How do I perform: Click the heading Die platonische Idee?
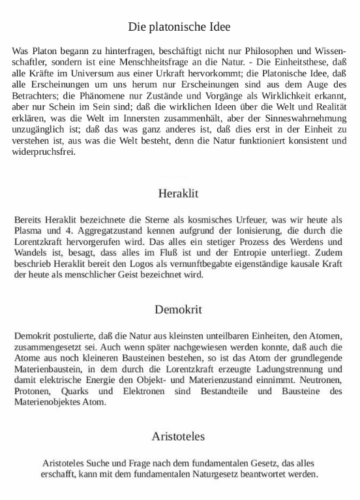[x=179, y=27]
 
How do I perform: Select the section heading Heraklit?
[x=178, y=193]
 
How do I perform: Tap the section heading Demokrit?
[x=178, y=309]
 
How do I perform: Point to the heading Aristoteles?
[x=178, y=435]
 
